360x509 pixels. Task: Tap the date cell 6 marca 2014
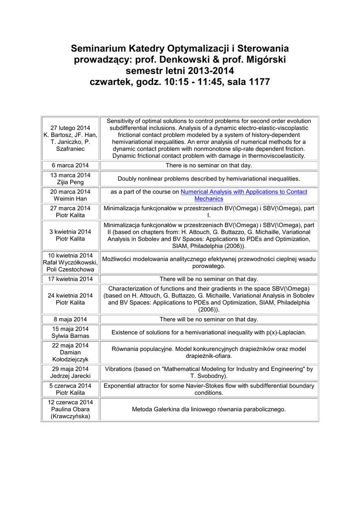tap(70, 165)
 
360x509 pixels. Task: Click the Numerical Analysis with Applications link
tap(244, 192)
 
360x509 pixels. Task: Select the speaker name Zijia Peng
tap(70, 182)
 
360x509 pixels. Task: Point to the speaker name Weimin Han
tap(70, 199)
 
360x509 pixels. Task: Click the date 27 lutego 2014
tap(70, 128)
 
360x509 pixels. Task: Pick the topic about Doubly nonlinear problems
tap(209, 178)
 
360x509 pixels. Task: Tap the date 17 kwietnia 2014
tap(70, 279)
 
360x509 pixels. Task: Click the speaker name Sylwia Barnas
tap(70, 336)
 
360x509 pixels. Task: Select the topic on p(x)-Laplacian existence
tap(209, 332)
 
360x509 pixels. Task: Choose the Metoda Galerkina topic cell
tap(209, 409)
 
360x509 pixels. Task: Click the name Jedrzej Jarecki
tap(70, 376)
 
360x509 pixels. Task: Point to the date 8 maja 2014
tap(70, 319)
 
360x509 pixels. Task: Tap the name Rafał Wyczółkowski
tap(70, 262)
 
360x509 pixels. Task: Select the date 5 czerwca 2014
tap(70, 385)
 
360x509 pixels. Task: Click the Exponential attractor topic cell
tap(209, 389)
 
